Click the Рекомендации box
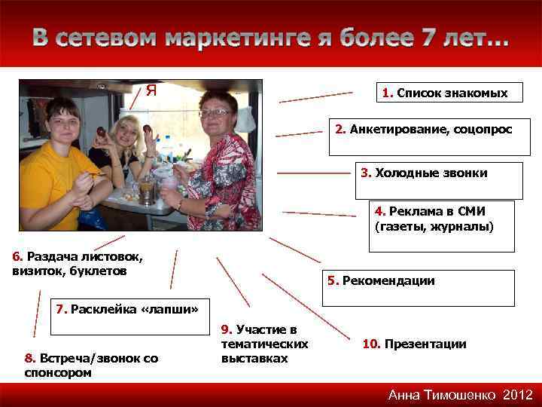pyautogui.click(x=418, y=287)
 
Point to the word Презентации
pyautogui.click(x=425, y=344)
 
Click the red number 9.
pyautogui.click(x=225, y=329)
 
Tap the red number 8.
pyautogui.click(x=29, y=358)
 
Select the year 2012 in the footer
pyautogui.click(x=518, y=395)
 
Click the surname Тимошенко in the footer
pyautogui.click(x=459, y=395)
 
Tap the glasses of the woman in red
pyautogui.click(x=216, y=112)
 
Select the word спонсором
pyautogui.click(x=57, y=372)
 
